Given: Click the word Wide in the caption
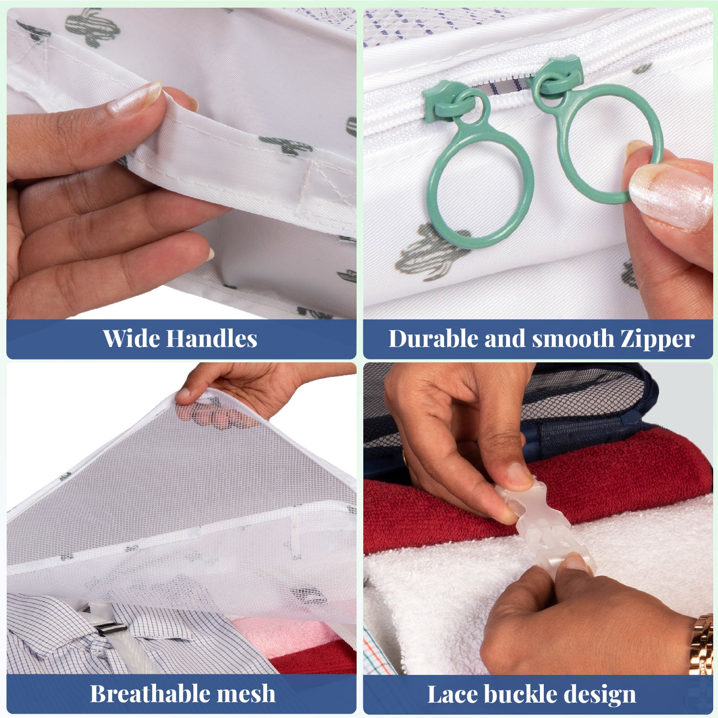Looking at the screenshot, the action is point(132,338).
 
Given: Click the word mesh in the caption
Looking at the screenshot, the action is point(248,694).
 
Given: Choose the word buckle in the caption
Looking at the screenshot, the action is point(519,695).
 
